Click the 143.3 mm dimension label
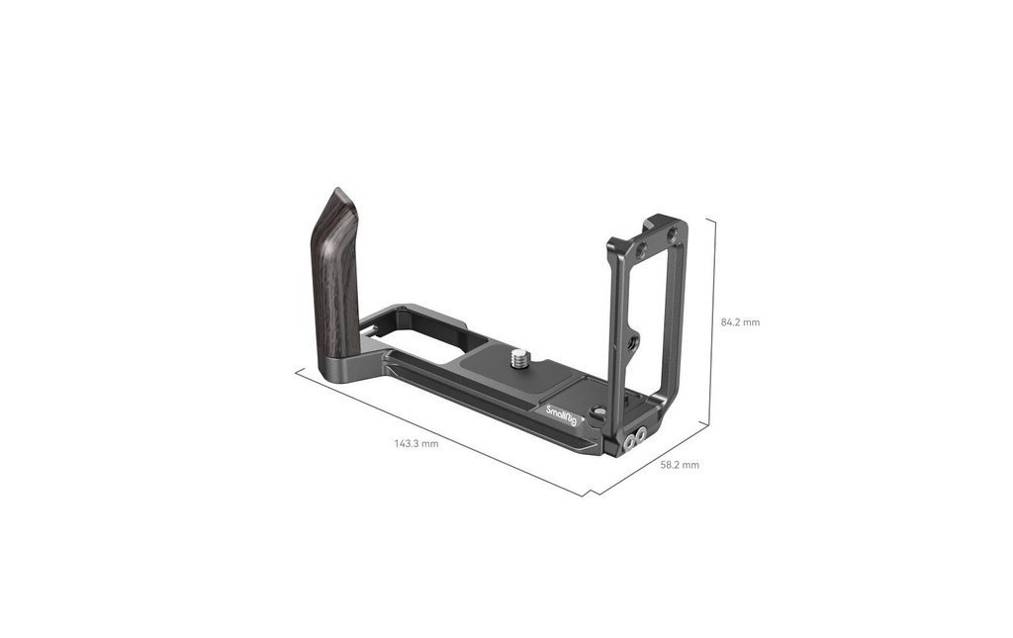coord(416,443)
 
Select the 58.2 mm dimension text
coord(679,465)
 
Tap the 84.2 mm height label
coord(740,322)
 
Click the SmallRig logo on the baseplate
coord(561,416)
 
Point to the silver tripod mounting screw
coord(518,358)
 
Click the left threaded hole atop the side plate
coord(642,250)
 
